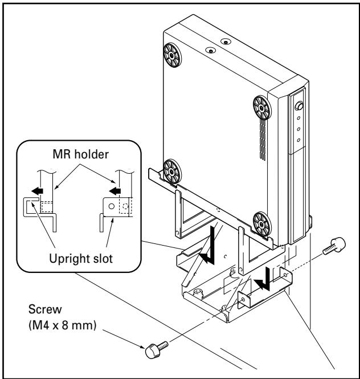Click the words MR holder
81,154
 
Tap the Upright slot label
81,259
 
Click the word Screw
45,309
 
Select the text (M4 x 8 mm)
63,325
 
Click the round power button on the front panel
300,106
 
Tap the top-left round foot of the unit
172,55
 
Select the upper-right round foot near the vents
262,108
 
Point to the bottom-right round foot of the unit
262,224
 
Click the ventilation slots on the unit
263,140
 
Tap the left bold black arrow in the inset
37,191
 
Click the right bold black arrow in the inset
114,191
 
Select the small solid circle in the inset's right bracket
112,206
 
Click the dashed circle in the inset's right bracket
125,206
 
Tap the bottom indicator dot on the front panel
298,140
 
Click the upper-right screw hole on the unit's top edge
226,42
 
